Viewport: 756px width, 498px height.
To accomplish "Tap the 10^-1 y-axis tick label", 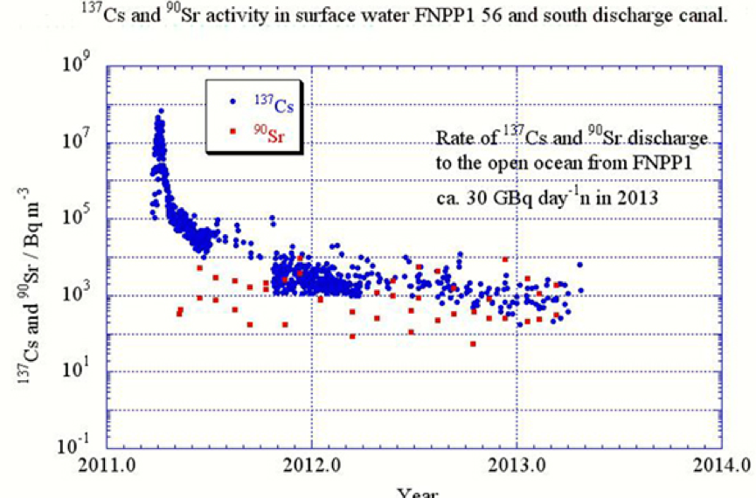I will (x=78, y=446).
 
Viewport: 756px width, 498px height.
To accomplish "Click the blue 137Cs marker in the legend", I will (x=232, y=101).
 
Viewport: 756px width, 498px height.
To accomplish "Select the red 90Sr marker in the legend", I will (x=232, y=132).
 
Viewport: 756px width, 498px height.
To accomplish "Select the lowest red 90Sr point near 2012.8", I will (x=473, y=343).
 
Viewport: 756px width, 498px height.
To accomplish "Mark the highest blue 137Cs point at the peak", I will (x=161, y=111).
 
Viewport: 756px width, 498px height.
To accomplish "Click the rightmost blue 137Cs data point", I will (x=579, y=265).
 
